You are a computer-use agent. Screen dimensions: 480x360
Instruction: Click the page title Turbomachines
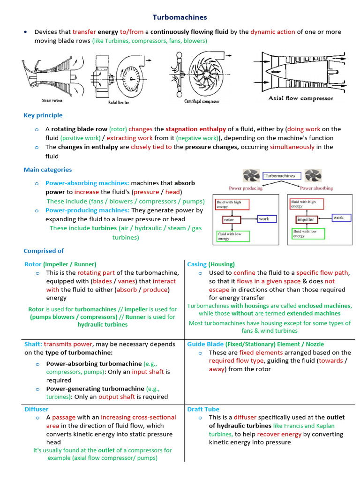180,17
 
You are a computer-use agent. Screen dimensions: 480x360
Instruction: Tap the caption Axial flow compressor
301,98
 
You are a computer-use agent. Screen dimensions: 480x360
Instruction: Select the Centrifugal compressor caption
202,101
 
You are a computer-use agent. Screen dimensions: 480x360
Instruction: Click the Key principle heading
43,115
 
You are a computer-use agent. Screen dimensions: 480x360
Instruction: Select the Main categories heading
48,170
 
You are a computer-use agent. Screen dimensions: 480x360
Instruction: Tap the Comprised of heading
44,251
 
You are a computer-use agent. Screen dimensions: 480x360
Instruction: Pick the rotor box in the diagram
229,219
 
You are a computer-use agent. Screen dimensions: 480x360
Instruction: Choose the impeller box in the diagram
305,219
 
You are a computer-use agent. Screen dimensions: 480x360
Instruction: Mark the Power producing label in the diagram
246,188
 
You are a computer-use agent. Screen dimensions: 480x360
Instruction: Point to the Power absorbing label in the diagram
316,188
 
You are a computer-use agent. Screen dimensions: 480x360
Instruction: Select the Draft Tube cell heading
203,409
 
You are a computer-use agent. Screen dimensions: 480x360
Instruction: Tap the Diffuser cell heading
36,409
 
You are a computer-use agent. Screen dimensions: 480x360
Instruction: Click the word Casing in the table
197,264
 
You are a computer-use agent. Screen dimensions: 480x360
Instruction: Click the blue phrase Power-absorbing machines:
87,183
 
